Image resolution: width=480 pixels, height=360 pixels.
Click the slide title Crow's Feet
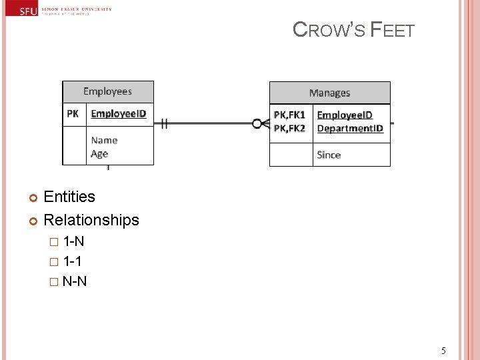353,30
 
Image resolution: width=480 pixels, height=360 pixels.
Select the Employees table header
107,92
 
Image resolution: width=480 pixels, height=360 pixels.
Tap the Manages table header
329,93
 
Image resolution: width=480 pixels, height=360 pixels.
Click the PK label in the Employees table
73,114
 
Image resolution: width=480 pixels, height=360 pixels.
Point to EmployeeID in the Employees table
118,114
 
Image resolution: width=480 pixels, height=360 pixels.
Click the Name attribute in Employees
104,140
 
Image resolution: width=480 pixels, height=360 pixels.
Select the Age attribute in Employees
99,154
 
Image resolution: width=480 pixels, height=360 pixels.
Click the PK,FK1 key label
289,115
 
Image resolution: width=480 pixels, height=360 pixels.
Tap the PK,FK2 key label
289,128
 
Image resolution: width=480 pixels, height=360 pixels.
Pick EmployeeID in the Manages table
344,115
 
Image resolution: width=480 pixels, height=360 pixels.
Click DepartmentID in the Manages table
350,128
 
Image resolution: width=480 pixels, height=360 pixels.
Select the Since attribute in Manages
329,155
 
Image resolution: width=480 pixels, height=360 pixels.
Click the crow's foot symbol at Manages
261,123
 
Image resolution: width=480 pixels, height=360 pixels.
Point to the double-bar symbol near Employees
163,123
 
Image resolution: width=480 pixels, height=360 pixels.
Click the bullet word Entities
69,197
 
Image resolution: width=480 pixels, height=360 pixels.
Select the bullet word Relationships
91,220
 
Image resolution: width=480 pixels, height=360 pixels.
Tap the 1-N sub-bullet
73,241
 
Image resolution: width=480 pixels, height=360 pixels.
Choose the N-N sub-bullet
74,281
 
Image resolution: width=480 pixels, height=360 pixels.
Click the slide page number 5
443,351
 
